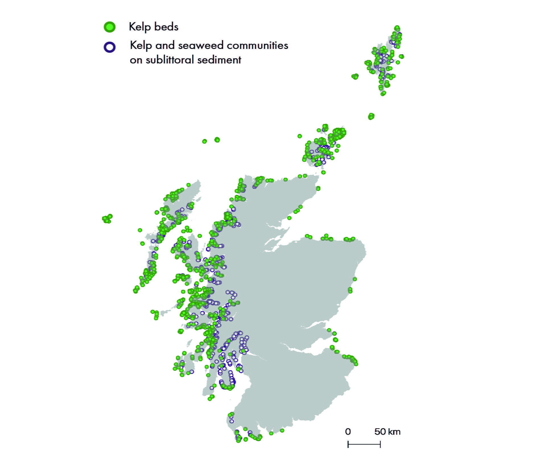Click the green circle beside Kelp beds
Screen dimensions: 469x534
[x=110, y=27]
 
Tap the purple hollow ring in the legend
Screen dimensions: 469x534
[x=110, y=47]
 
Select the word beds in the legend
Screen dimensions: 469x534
[x=166, y=27]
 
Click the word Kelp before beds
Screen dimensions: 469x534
[x=139, y=27]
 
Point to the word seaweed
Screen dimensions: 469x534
[x=201, y=45]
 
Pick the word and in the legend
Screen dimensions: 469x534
[x=165, y=45]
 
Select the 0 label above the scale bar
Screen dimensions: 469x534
[x=348, y=431]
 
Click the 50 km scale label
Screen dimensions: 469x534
[x=387, y=431]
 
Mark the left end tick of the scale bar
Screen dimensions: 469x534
[x=348, y=444]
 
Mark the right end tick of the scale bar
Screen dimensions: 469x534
[x=380, y=444]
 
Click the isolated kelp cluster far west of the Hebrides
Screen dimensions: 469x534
[x=107, y=219]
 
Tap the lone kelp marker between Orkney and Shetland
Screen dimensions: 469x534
[x=371, y=116]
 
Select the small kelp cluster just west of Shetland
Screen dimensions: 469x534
[x=355, y=76]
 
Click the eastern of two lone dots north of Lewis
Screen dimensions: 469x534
[x=217, y=140]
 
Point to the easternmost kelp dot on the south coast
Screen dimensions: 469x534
[x=282, y=431]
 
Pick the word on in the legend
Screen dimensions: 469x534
[x=136, y=60]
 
